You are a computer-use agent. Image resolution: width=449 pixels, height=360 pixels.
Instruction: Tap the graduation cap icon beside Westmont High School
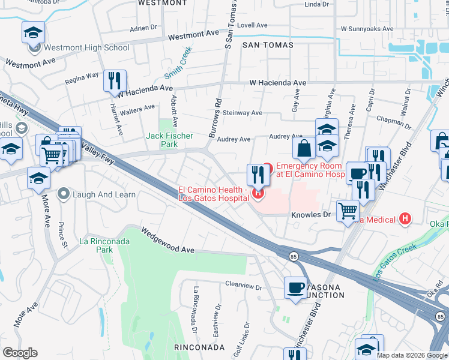34,33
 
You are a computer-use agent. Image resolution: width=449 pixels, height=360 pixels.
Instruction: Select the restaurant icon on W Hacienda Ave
115,81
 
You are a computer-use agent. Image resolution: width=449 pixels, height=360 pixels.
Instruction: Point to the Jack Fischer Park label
170,140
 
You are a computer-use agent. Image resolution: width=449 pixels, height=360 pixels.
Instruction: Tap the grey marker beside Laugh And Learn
64,194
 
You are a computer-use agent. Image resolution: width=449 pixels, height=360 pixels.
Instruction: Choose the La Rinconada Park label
104,245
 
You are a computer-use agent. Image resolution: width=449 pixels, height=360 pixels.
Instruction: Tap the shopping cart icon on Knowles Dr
348,211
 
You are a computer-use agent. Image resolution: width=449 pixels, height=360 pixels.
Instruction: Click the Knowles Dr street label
311,214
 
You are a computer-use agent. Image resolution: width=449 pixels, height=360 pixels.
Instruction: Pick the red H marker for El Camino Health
258,193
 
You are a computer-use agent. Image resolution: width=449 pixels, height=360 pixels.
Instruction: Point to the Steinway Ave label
242,113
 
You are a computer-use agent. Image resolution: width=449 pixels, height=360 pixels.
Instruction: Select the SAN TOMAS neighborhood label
268,45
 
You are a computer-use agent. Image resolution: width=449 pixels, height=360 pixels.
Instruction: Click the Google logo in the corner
20,353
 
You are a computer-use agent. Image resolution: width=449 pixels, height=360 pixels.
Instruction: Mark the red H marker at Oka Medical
406,219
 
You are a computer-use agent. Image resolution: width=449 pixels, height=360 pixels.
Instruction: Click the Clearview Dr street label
244,287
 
